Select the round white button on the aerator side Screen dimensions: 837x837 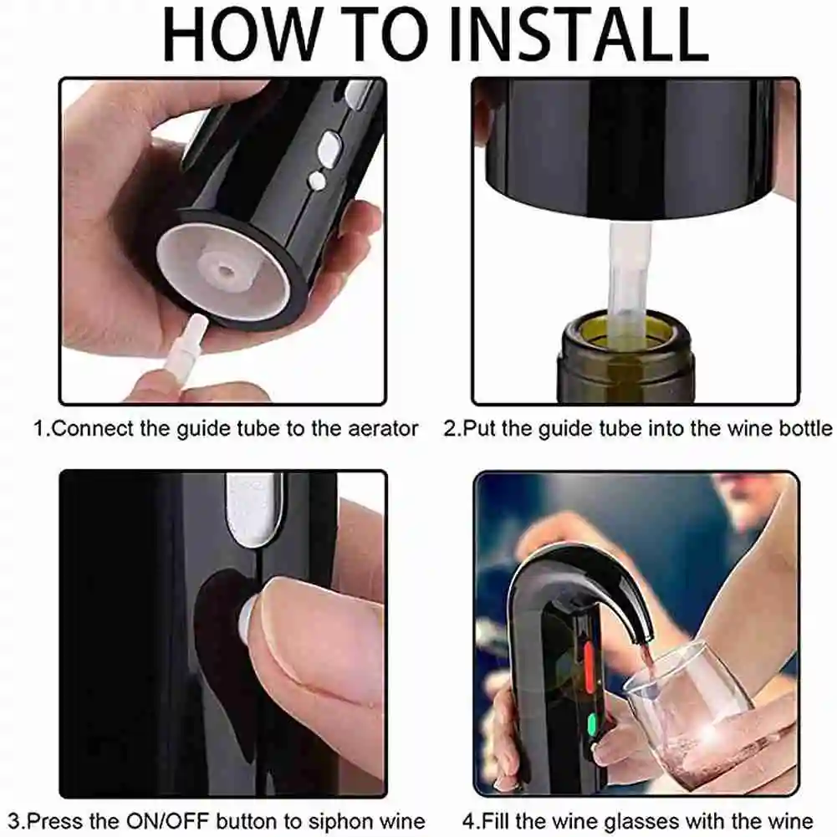point(317,180)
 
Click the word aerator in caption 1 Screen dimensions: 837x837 point(376,429)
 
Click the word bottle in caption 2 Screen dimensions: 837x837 point(804,429)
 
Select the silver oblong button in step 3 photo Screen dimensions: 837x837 point(254,509)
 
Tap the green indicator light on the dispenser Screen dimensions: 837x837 point(592,724)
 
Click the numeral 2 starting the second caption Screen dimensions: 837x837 point(449,429)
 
